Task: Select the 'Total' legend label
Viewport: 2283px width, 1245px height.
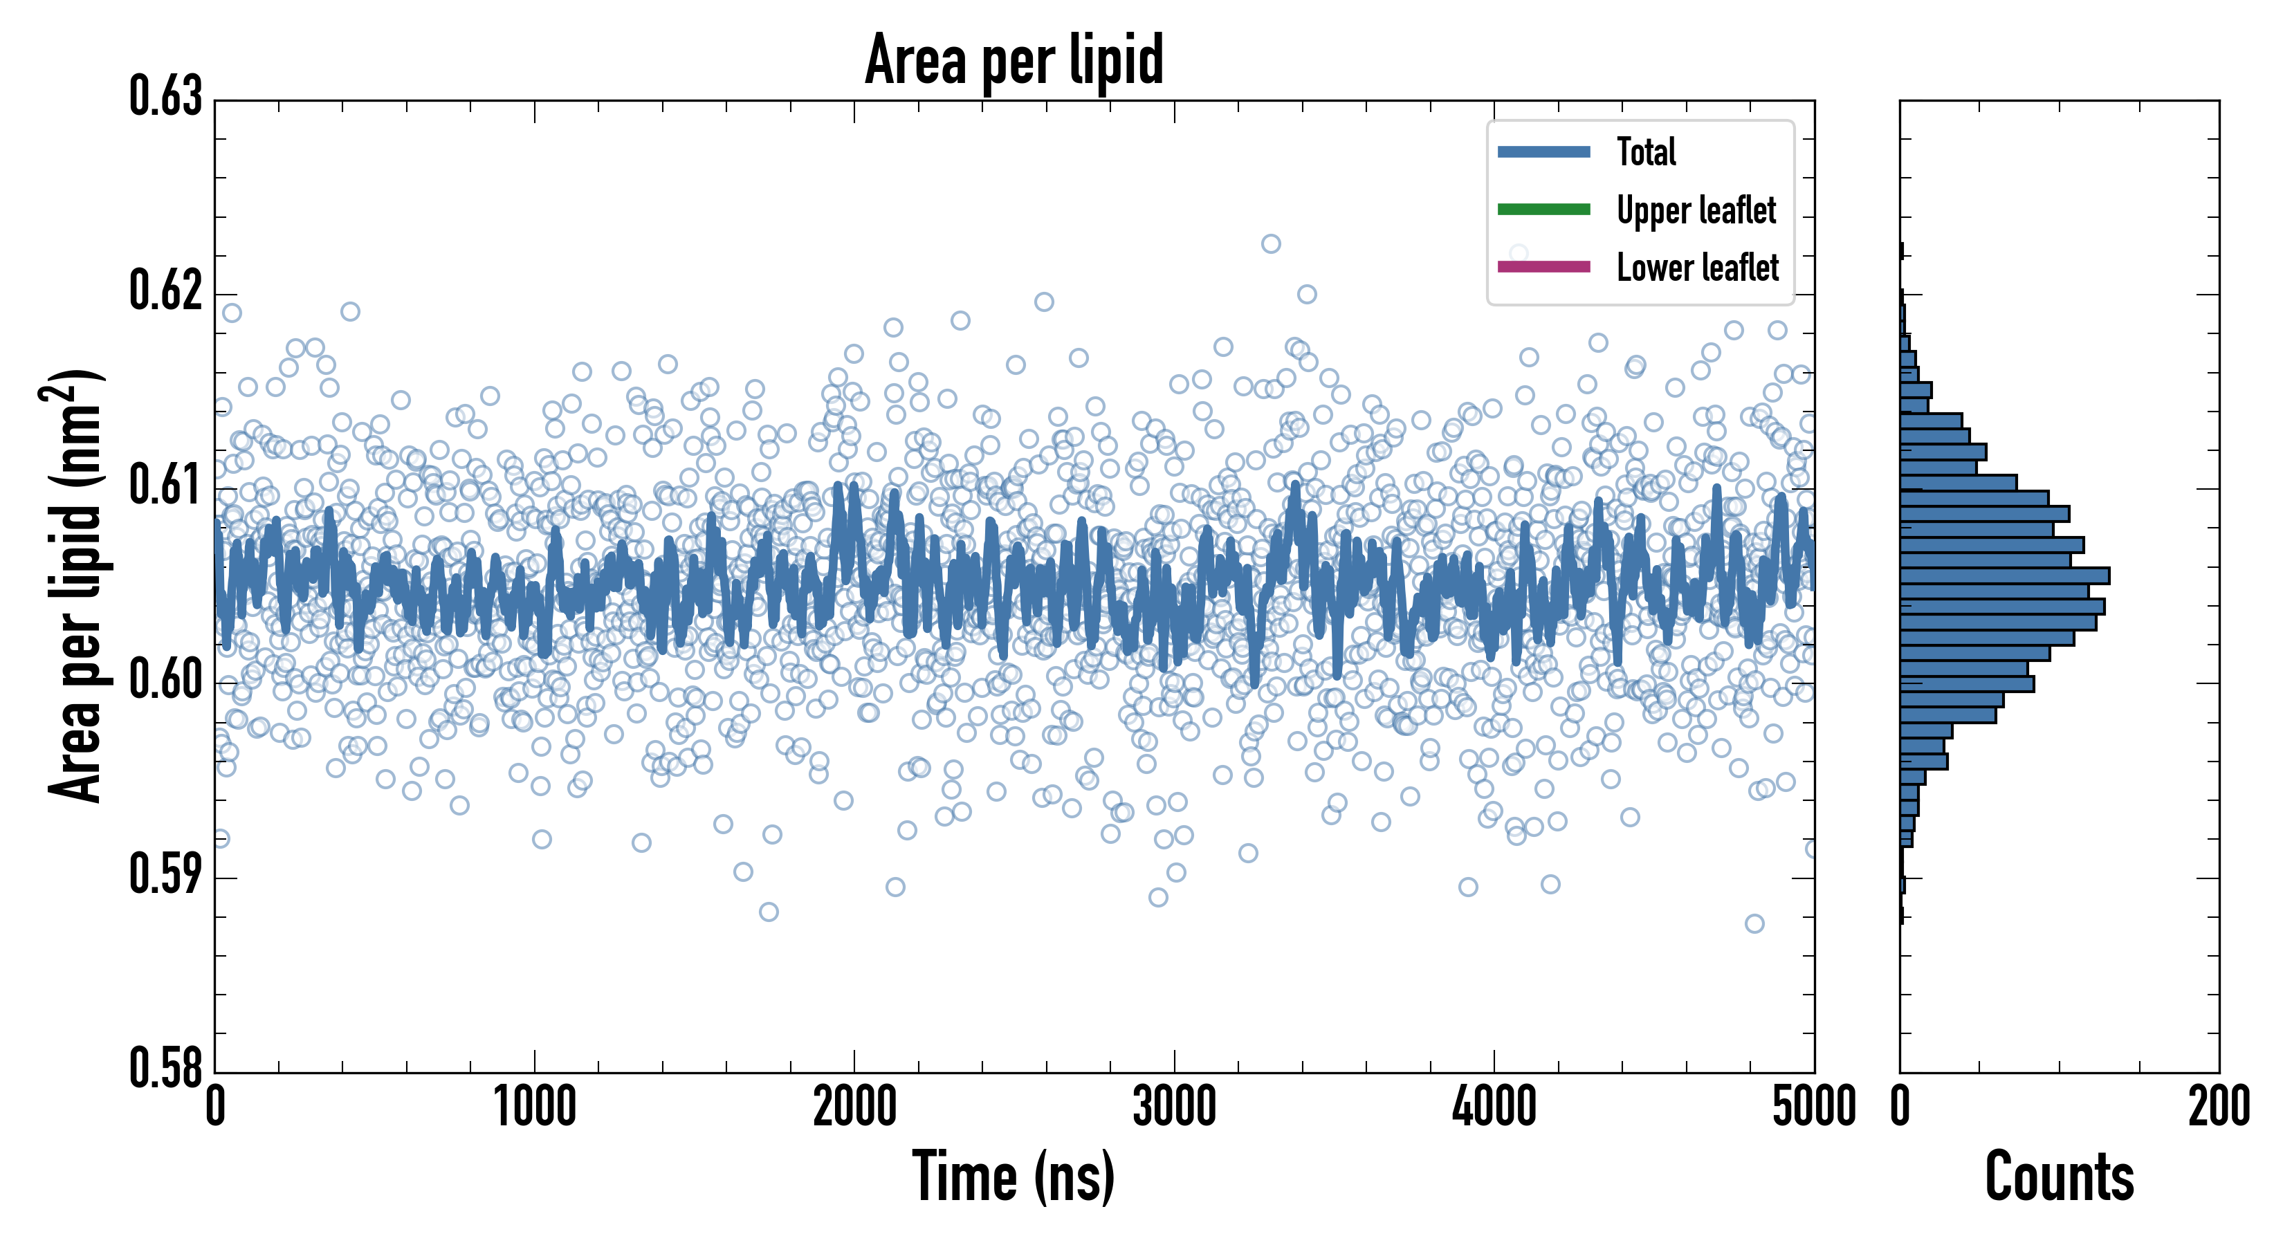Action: click(1646, 151)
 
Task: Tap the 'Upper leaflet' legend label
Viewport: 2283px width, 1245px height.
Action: click(1696, 210)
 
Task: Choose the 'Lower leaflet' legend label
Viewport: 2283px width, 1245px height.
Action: click(1697, 267)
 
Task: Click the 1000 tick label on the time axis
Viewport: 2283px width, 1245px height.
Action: click(534, 1107)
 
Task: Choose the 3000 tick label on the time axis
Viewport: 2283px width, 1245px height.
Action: click(1174, 1107)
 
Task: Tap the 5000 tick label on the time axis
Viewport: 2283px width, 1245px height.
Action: click(1813, 1107)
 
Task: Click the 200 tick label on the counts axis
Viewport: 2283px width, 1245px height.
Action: click(2218, 1107)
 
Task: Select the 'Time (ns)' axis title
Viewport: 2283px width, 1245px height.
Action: click(1014, 1176)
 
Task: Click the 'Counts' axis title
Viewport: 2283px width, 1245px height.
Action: click(2059, 1176)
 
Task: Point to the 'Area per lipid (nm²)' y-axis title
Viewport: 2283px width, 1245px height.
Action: click(75, 585)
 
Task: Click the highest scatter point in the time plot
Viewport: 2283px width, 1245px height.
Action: click(1271, 243)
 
